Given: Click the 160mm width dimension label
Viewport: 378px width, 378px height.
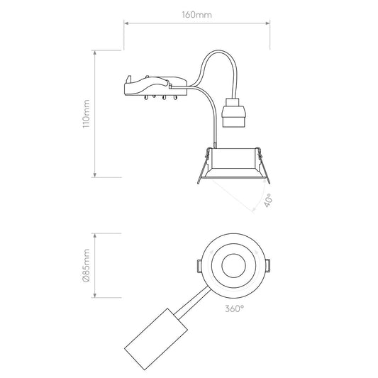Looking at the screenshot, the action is [196, 15].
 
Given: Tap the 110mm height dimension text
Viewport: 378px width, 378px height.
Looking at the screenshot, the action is [86, 113].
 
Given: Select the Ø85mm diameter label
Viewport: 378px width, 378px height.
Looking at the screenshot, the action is [86, 265].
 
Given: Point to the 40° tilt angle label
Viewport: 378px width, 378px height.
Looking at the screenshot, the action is [268, 200].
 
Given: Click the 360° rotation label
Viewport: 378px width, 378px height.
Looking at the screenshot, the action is [235, 308].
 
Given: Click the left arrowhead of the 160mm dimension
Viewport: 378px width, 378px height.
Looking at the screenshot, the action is [126, 23].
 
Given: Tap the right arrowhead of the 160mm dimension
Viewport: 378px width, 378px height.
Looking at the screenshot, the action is [267, 23].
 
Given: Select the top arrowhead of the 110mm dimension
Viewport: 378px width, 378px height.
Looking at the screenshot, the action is [95, 52].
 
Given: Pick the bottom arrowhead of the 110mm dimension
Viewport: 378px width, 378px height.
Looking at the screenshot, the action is [95, 175].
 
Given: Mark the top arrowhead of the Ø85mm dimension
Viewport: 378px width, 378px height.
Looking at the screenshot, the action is [95, 235].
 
